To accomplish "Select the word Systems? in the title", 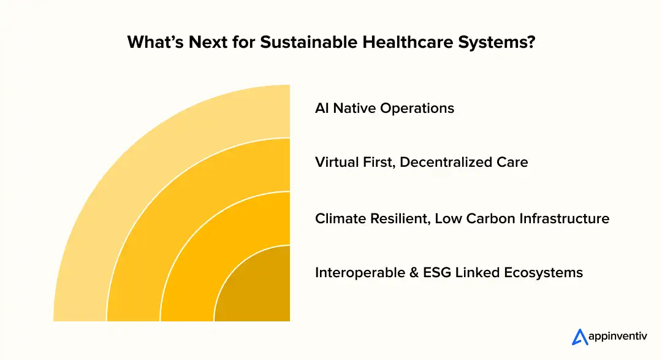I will (500, 43).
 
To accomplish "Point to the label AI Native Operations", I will (384, 109).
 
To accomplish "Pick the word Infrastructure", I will (565, 218).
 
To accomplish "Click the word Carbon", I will (490, 218).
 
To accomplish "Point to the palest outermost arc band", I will (123, 184).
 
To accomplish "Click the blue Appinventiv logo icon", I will (579, 337).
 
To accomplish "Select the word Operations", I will (417, 109).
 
